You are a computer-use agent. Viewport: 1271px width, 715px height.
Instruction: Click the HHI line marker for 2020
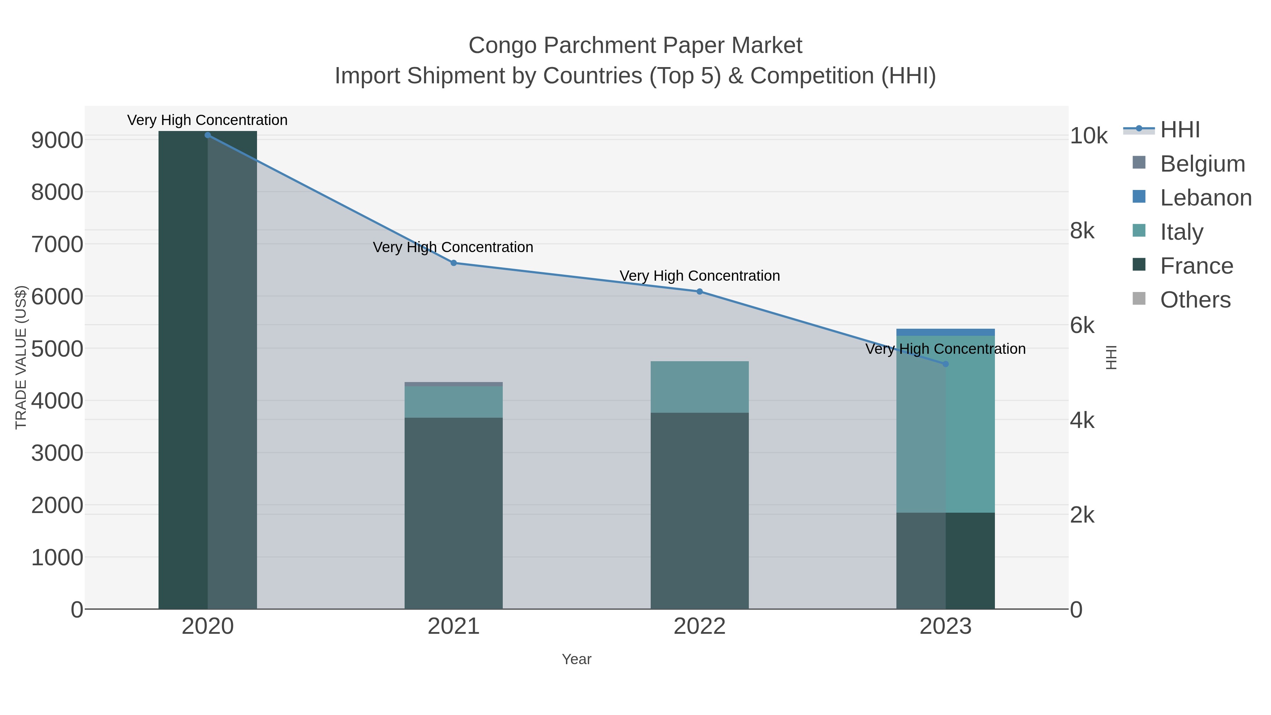(x=208, y=135)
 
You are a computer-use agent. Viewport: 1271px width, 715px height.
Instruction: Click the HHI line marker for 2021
(x=453, y=263)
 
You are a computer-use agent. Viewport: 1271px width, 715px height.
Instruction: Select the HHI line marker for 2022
(x=699, y=292)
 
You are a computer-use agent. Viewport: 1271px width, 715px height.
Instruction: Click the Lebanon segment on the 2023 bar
(x=945, y=332)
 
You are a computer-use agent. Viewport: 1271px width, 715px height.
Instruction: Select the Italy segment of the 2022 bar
(x=699, y=387)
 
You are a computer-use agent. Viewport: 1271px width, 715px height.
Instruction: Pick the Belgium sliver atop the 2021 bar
(x=453, y=384)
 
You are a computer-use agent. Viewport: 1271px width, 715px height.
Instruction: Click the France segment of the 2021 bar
(x=453, y=513)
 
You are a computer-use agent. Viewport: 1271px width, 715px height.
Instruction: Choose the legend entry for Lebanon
(x=1205, y=198)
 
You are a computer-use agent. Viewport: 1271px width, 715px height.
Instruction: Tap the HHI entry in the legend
(x=1179, y=130)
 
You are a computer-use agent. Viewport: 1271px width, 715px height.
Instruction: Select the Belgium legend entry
(x=1202, y=164)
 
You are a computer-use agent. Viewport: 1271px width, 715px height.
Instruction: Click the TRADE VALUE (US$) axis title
(x=21, y=357)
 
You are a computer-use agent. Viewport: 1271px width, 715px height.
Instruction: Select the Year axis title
(x=576, y=659)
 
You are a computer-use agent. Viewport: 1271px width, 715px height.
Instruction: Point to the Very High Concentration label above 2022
(x=699, y=276)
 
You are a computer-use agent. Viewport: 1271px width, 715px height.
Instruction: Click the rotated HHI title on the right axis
(x=1111, y=357)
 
